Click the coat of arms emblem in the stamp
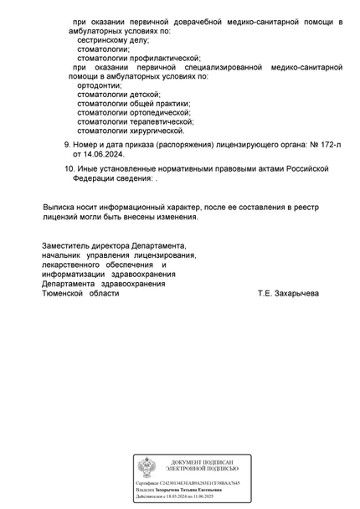(x=147, y=467)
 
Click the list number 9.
(x=67, y=143)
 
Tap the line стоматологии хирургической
(x=131, y=131)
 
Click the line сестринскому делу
(x=112, y=39)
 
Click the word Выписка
(x=62, y=205)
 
